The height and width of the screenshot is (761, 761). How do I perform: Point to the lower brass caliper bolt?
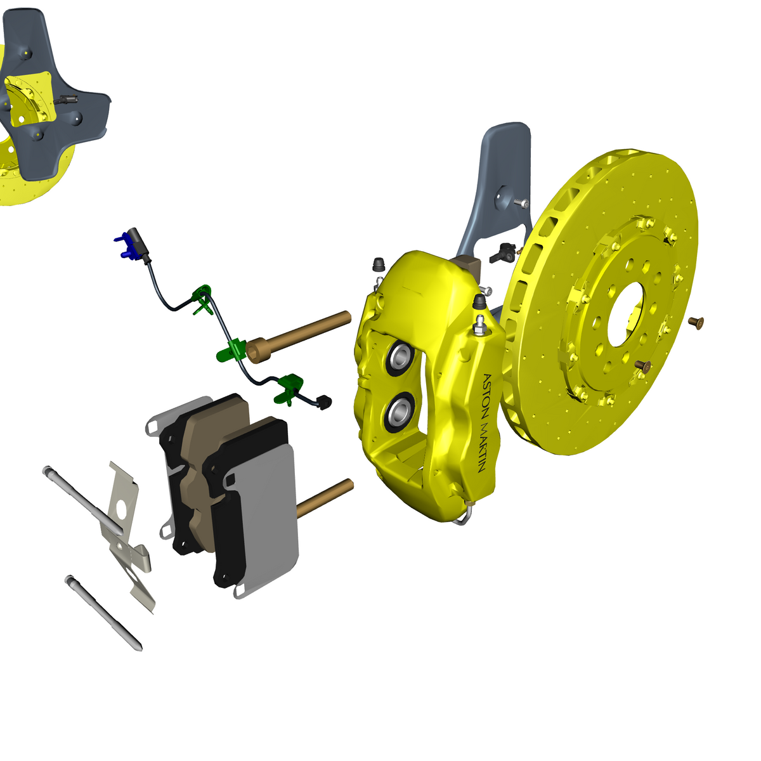325,498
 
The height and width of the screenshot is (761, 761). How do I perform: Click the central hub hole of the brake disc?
625,315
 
